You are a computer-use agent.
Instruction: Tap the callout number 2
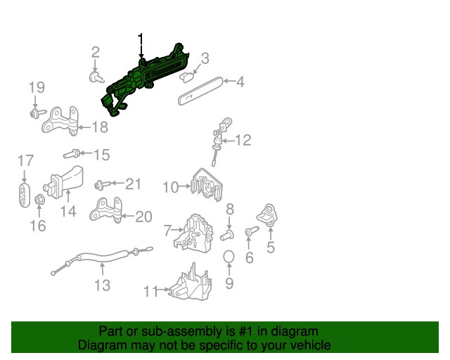tap(95, 51)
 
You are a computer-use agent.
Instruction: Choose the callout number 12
tap(242, 141)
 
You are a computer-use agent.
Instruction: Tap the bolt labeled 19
tap(36, 112)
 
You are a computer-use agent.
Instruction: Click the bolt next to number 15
tap(70, 153)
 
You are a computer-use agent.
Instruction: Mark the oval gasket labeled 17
tap(23, 193)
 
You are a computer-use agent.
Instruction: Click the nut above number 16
tap(39, 203)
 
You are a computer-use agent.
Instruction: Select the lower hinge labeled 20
tap(105, 212)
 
